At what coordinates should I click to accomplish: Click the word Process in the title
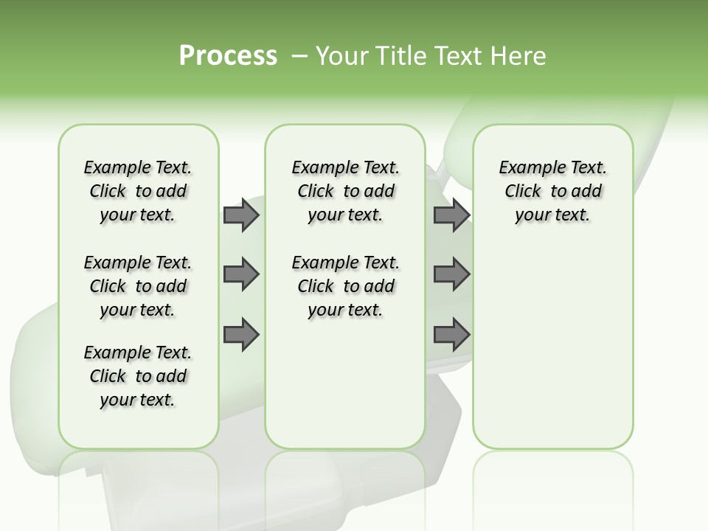[228, 56]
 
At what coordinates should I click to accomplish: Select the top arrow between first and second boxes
[241, 215]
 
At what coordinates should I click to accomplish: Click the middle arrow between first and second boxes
[241, 274]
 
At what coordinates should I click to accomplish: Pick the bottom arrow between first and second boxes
[241, 335]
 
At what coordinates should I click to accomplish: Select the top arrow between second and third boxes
[451, 215]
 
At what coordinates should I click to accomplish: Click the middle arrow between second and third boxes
[451, 274]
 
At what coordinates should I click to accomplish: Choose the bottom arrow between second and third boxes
[451, 335]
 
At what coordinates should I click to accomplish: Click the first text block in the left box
[138, 191]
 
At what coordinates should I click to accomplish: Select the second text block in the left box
[138, 286]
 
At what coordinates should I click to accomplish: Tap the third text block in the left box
[138, 376]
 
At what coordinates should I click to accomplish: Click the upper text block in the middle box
[345, 191]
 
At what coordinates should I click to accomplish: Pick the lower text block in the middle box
[345, 286]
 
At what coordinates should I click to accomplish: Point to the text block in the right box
[552, 191]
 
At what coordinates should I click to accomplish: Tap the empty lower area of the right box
[552, 347]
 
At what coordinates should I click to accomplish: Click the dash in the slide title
[299, 57]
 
